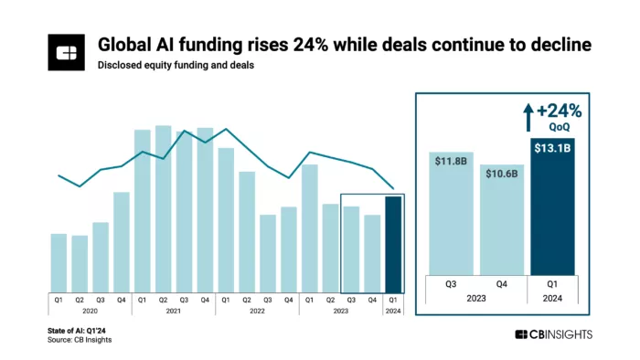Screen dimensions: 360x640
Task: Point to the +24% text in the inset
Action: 559,111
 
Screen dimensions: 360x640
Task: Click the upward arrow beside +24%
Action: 528,116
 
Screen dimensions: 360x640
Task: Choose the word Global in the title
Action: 124,46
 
